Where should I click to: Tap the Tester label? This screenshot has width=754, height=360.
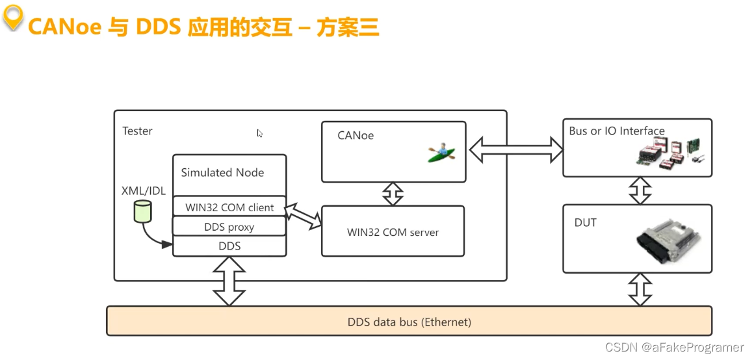click(x=137, y=131)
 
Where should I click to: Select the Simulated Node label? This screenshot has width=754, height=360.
click(x=222, y=172)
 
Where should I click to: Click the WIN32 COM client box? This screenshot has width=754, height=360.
click(x=229, y=208)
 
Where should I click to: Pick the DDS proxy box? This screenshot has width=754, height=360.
click(x=229, y=227)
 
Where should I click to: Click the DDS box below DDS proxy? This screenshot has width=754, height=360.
click(x=229, y=246)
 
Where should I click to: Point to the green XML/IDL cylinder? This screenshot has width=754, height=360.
click(x=142, y=212)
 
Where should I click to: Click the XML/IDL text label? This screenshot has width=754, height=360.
click(x=144, y=190)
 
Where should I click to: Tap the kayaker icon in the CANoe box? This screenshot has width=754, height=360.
click(x=441, y=153)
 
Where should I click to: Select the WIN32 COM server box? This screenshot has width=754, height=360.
click(x=393, y=232)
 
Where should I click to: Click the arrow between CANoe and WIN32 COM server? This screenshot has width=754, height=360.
click(x=393, y=194)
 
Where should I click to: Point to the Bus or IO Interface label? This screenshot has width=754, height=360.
click(x=616, y=131)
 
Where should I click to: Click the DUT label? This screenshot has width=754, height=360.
click(x=585, y=223)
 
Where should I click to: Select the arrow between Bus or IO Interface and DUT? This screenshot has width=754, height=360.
click(x=640, y=190)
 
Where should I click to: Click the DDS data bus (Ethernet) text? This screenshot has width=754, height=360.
click(x=409, y=322)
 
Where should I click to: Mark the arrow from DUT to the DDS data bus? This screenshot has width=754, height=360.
click(x=640, y=289)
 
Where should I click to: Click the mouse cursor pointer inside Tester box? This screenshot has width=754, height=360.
click(x=259, y=133)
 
